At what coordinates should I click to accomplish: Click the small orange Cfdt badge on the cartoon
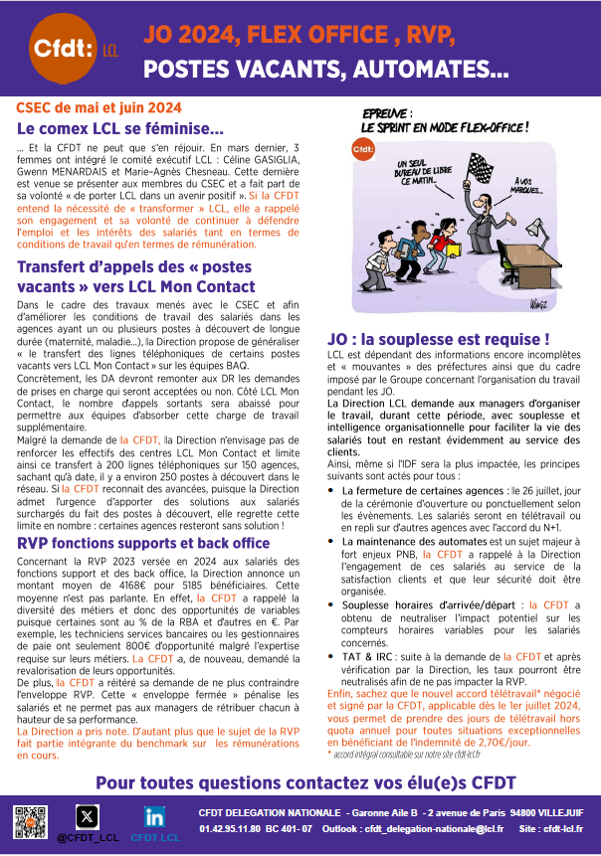pos(363,150)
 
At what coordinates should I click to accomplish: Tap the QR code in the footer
pos(31,823)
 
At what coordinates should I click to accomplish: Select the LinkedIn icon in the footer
pos(154,816)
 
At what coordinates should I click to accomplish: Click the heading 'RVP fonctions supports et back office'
pos(143,543)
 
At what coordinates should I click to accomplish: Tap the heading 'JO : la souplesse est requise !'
pos(453,339)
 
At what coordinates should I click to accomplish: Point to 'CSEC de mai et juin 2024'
pos(99,106)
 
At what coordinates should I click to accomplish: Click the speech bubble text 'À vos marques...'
pos(532,185)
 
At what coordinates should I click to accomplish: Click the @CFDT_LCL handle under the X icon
pos(88,837)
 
